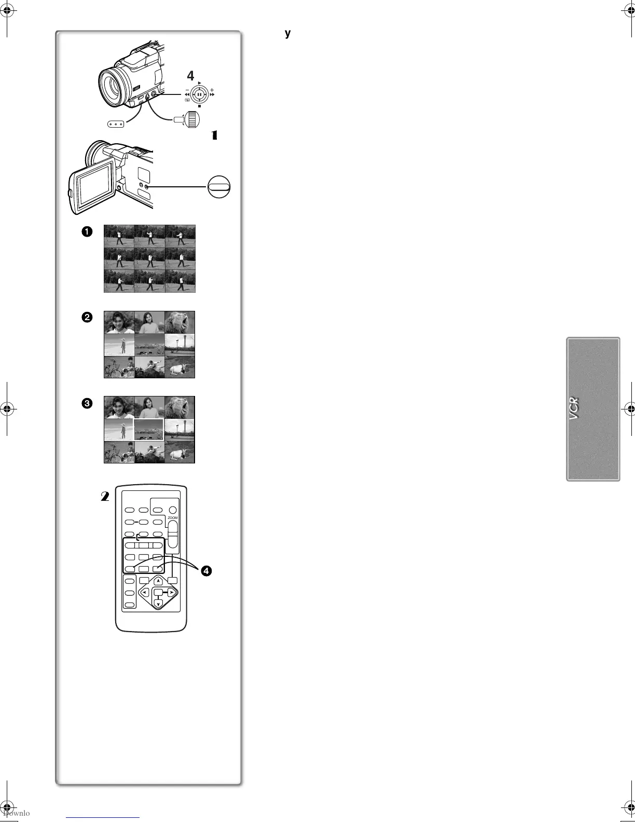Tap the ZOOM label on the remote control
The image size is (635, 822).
[172, 518]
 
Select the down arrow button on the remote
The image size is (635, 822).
[159, 603]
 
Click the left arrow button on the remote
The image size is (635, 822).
[145, 592]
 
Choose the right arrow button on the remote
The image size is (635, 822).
[172, 592]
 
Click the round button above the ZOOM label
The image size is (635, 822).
[173, 510]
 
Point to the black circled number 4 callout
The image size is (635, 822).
[206, 571]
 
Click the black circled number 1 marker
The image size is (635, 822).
[87, 232]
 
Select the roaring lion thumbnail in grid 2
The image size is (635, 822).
[180, 322]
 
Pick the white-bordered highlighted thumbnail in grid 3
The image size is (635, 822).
[149, 430]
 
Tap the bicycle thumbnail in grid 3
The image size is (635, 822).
[119, 452]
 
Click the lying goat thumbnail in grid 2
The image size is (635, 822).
[180, 367]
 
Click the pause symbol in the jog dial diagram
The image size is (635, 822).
[199, 94]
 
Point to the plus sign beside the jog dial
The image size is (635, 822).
[212, 90]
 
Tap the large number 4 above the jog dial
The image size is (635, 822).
[190, 76]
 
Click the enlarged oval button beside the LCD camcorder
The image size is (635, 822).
[218, 186]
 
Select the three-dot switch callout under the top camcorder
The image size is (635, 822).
[117, 125]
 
